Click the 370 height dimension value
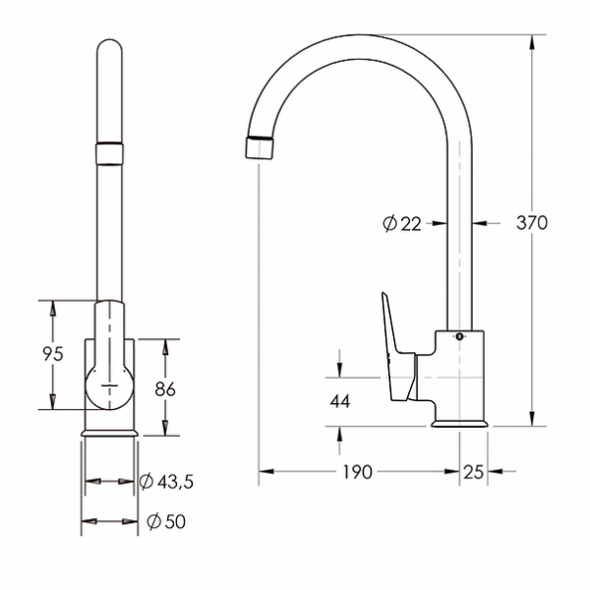tap(532, 222)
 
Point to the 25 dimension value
tap(473, 472)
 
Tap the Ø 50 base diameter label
tap(163, 521)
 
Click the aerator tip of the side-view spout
tap(257, 146)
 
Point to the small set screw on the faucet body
tap(457, 337)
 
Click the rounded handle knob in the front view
tap(109, 385)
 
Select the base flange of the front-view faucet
tap(109, 431)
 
